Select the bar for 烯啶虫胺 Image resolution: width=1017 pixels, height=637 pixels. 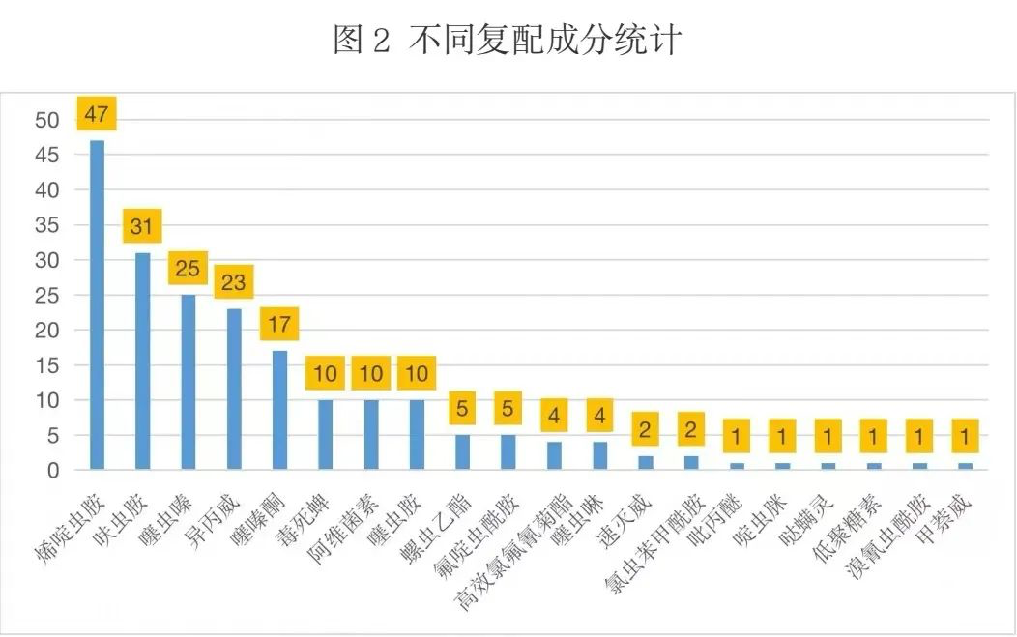coord(97,304)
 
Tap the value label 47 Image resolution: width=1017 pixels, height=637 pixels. coord(96,114)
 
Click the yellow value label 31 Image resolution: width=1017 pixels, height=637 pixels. coord(142,227)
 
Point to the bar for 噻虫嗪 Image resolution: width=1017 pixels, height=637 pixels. coord(189,382)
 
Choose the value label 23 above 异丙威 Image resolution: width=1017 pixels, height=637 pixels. coord(234,282)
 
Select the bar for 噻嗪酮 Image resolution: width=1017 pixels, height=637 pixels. coord(280,410)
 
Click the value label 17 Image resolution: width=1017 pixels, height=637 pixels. coord(279,324)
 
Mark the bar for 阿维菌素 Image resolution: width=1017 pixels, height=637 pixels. coord(371,434)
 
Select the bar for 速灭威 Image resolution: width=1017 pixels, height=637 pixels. coord(645,463)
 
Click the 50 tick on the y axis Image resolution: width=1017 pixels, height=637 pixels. coord(47,121)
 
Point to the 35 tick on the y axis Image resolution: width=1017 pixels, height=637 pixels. coord(47,225)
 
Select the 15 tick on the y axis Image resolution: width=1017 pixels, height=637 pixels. coord(47,365)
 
